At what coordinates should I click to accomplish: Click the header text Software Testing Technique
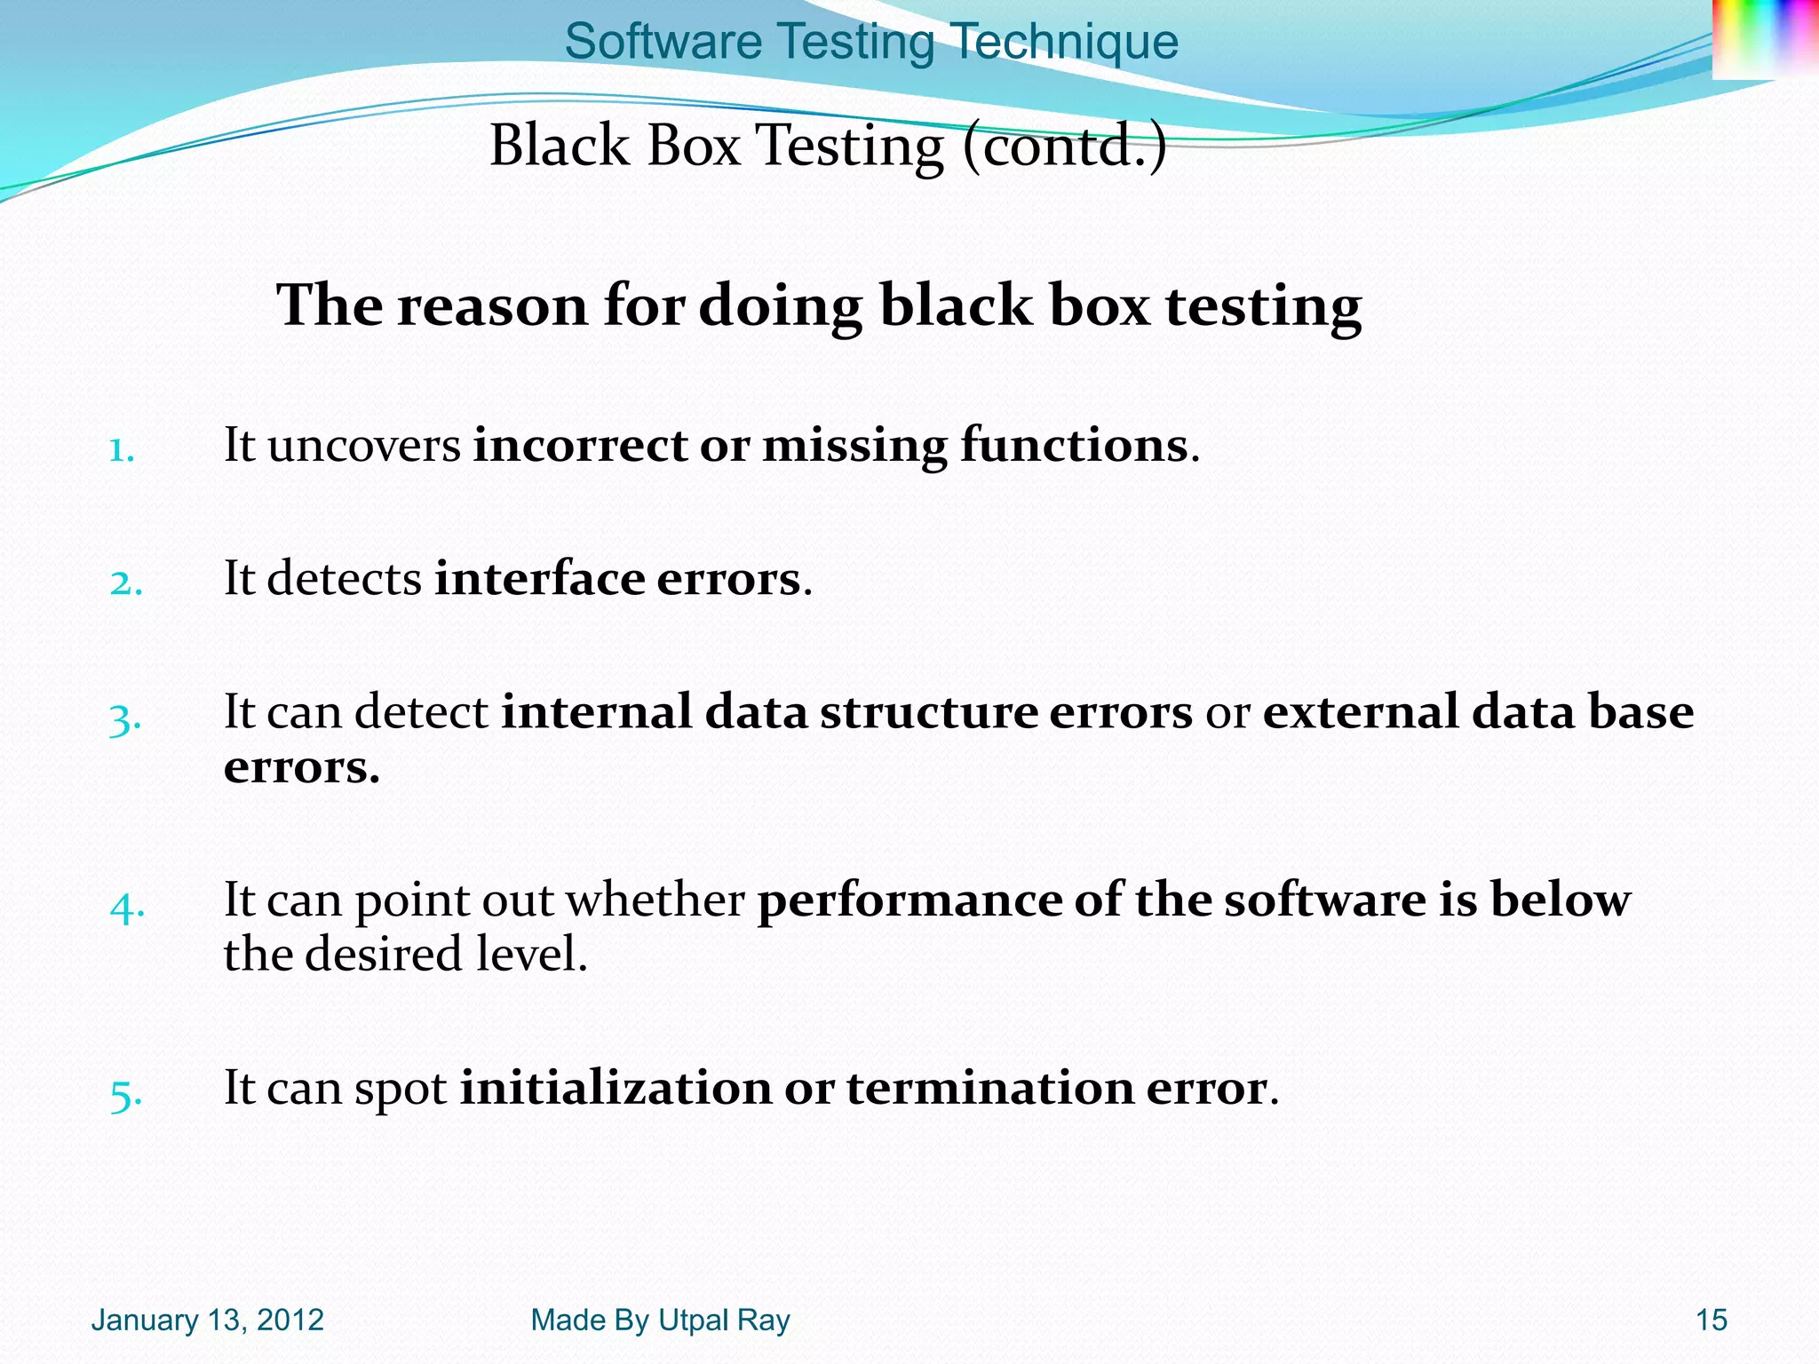tap(871, 42)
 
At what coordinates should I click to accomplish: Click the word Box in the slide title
tap(693, 146)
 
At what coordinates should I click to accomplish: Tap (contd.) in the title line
tap(1064, 146)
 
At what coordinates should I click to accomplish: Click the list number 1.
tap(121, 450)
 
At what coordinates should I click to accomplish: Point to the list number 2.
tap(126, 583)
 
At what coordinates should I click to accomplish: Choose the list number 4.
tap(127, 907)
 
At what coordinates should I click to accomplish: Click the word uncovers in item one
tap(364, 446)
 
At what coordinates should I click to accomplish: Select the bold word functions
tap(1073, 446)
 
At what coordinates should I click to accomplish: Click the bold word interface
tap(539, 579)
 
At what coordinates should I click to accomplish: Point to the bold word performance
tap(909, 900)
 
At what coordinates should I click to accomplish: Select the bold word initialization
tap(616, 1089)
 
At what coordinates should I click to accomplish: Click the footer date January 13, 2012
tap(207, 1320)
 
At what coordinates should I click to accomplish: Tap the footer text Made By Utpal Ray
tap(660, 1320)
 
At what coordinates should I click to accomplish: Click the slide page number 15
tap(1712, 1320)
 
